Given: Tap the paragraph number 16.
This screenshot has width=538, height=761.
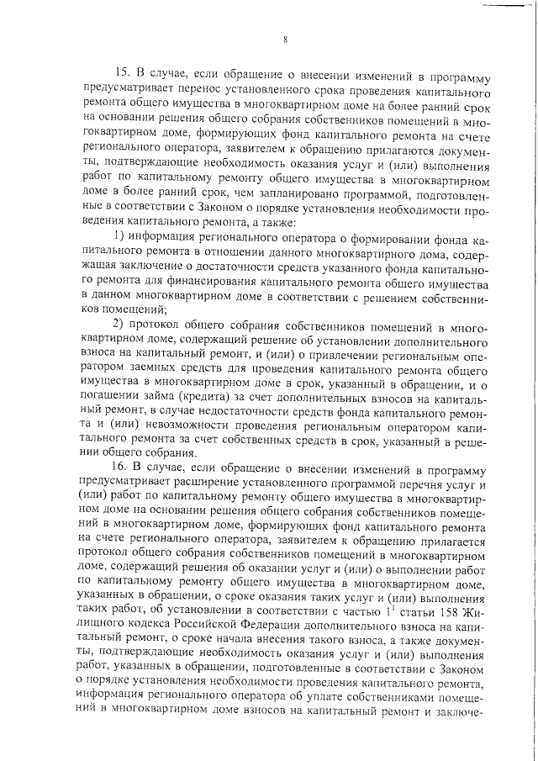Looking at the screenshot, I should tap(120, 464).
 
